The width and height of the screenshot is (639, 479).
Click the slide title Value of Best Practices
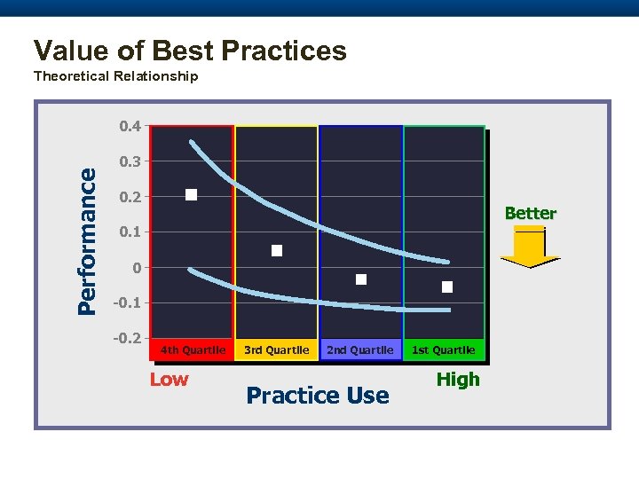(x=189, y=51)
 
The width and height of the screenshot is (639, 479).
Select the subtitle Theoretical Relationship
(x=115, y=76)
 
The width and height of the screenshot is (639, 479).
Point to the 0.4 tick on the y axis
(x=130, y=126)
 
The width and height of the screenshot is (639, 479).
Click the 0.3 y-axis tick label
(x=130, y=161)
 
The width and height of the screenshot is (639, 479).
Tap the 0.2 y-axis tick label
(x=130, y=197)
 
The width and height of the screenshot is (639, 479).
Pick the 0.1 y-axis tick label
(x=130, y=232)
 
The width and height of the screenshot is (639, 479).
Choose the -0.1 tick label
(x=129, y=303)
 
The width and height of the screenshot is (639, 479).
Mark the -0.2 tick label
(x=129, y=339)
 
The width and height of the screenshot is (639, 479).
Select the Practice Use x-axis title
(x=318, y=396)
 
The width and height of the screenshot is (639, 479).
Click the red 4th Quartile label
(x=193, y=350)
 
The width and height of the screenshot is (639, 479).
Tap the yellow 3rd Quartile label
(x=276, y=350)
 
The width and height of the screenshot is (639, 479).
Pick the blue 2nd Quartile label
(x=359, y=350)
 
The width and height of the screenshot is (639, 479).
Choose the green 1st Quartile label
(x=443, y=350)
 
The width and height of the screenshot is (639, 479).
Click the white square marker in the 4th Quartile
(x=191, y=195)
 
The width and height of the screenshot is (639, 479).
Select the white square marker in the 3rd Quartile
(x=277, y=251)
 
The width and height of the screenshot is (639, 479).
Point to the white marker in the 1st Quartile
(x=447, y=287)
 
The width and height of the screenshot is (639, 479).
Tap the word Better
(x=530, y=214)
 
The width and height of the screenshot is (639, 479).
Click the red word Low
(x=169, y=380)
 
